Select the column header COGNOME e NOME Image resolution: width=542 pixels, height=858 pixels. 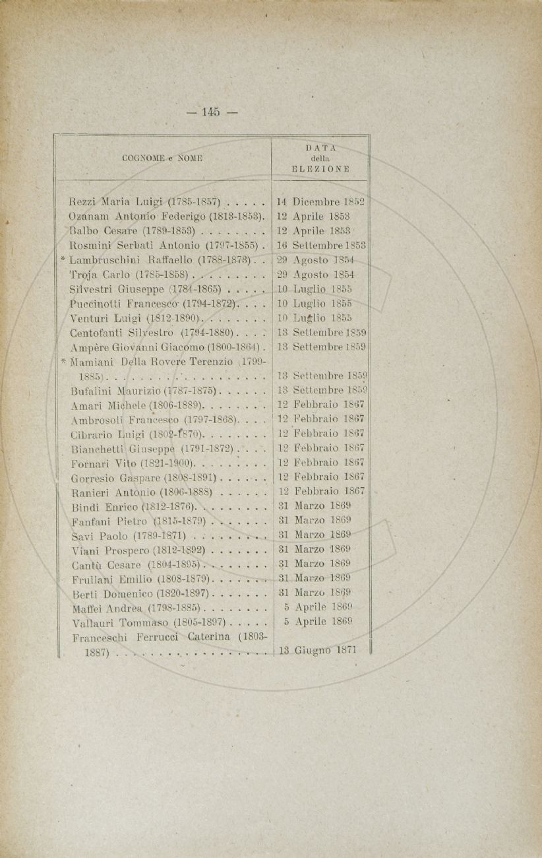coord(162,158)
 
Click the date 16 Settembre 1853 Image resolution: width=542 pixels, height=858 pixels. coord(322,245)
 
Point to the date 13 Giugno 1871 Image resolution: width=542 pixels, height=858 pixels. coord(318,650)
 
